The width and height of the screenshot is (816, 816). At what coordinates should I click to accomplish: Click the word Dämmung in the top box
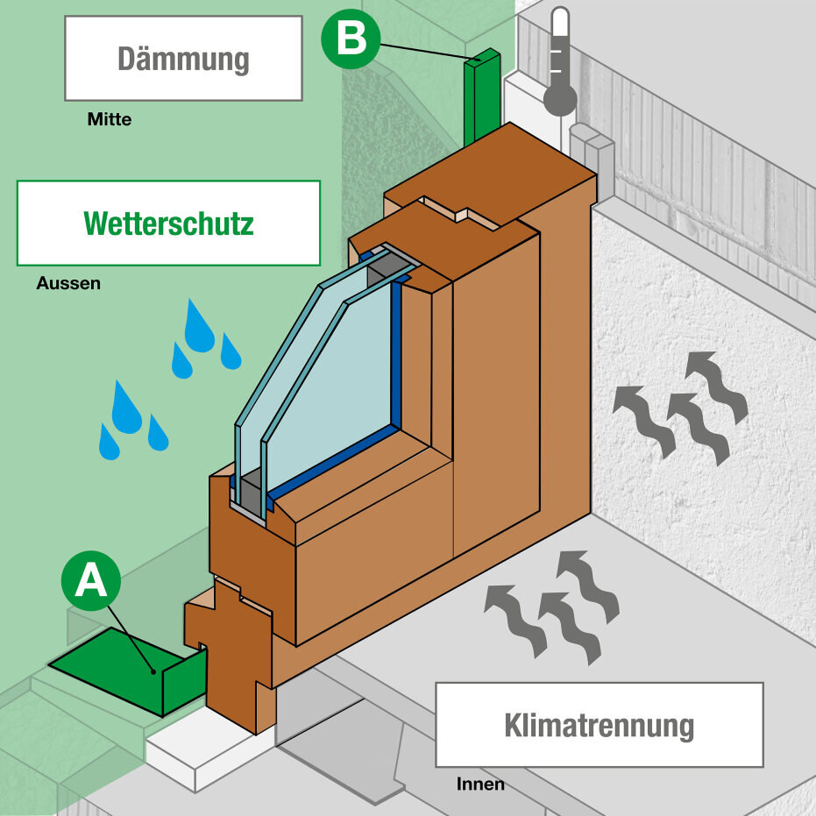tap(183, 59)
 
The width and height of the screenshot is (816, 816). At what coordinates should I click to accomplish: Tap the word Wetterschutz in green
tap(168, 224)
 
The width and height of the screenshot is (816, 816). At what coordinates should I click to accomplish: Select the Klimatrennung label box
tap(599, 725)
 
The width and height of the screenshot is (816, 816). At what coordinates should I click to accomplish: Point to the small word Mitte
tap(110, 120)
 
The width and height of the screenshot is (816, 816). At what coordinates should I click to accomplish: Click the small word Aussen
tap(68, 284)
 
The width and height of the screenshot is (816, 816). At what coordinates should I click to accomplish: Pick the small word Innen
tap(480, 784)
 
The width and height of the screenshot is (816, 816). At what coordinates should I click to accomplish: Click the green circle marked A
tap(91, 580)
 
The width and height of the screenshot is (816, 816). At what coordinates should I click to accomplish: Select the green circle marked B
tap(351, 39)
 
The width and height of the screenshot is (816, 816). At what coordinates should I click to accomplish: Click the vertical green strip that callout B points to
tap(480, 96)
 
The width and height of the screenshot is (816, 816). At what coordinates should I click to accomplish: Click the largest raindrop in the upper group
tap(199, 328)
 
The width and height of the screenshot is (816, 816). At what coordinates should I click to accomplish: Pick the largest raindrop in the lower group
tap(126, 408)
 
